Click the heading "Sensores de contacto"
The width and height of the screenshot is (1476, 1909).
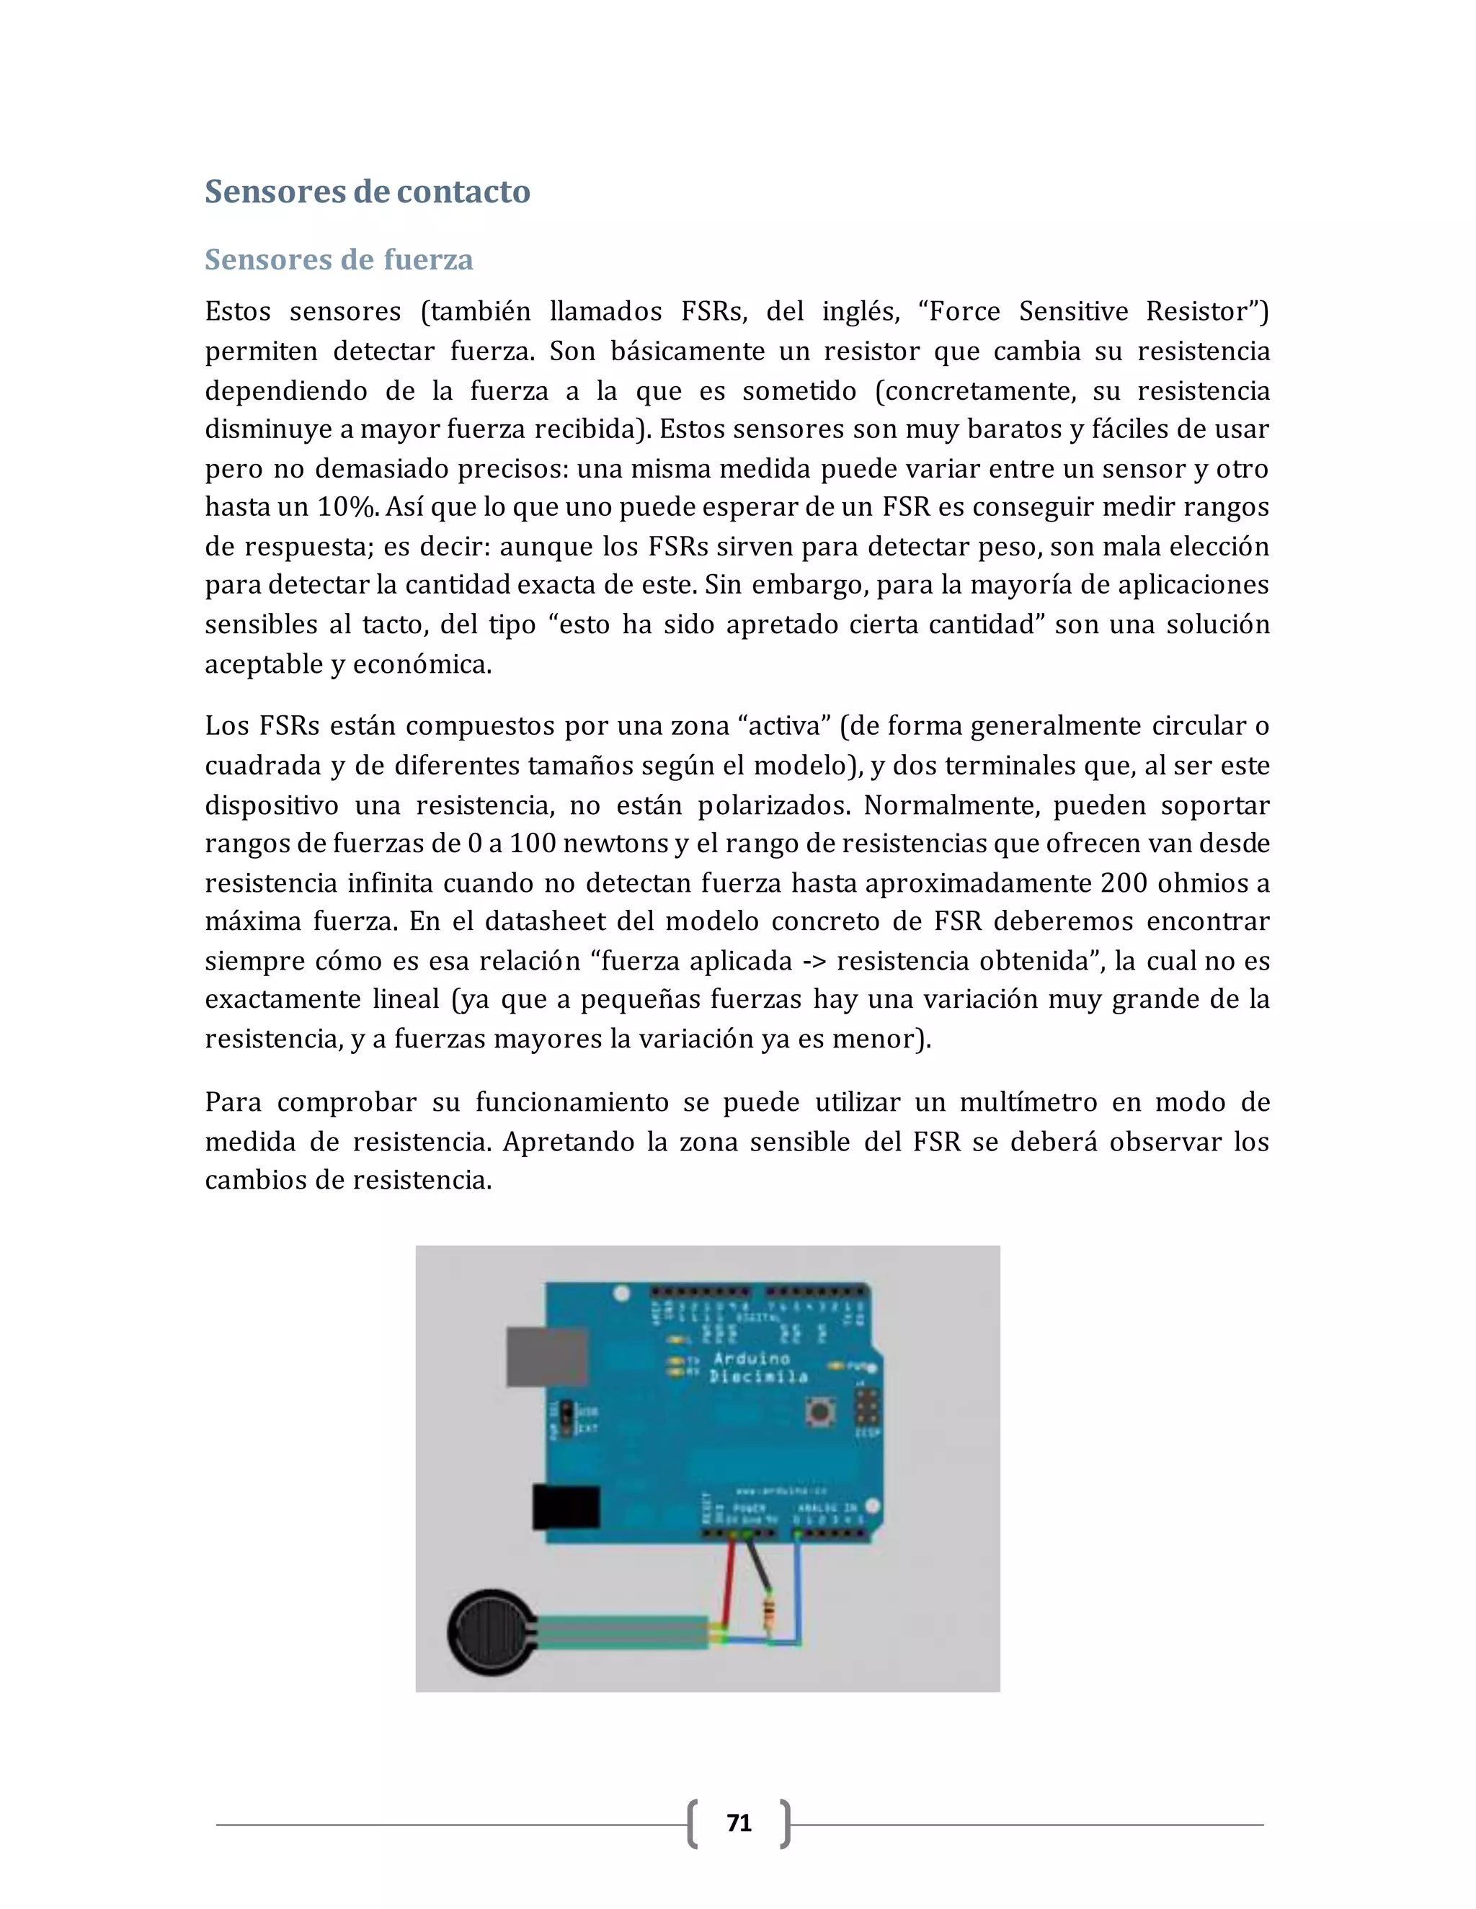[x=368, y=192]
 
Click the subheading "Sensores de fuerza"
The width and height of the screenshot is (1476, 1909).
[x=339, y=259]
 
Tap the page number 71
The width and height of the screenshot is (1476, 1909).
[x=739, y=1823]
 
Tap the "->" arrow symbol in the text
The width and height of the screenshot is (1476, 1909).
[x=814, y=960]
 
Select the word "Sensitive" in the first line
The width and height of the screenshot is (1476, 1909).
[x=1073, y=311]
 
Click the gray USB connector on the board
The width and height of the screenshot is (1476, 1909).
[x=546, y=1356]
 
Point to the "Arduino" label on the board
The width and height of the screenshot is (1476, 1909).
[x=751, y=1359]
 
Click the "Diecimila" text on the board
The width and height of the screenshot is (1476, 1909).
[x=758, y=1377]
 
